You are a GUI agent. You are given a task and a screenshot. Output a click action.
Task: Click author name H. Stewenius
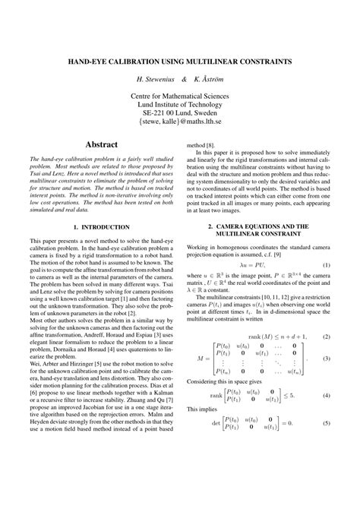tap(155, 79)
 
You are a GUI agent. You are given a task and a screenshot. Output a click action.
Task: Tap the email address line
tap(180, 120)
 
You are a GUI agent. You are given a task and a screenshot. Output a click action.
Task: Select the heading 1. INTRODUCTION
tap(102, 226)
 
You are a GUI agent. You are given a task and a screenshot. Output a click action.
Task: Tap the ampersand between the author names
tap(184, 79)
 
